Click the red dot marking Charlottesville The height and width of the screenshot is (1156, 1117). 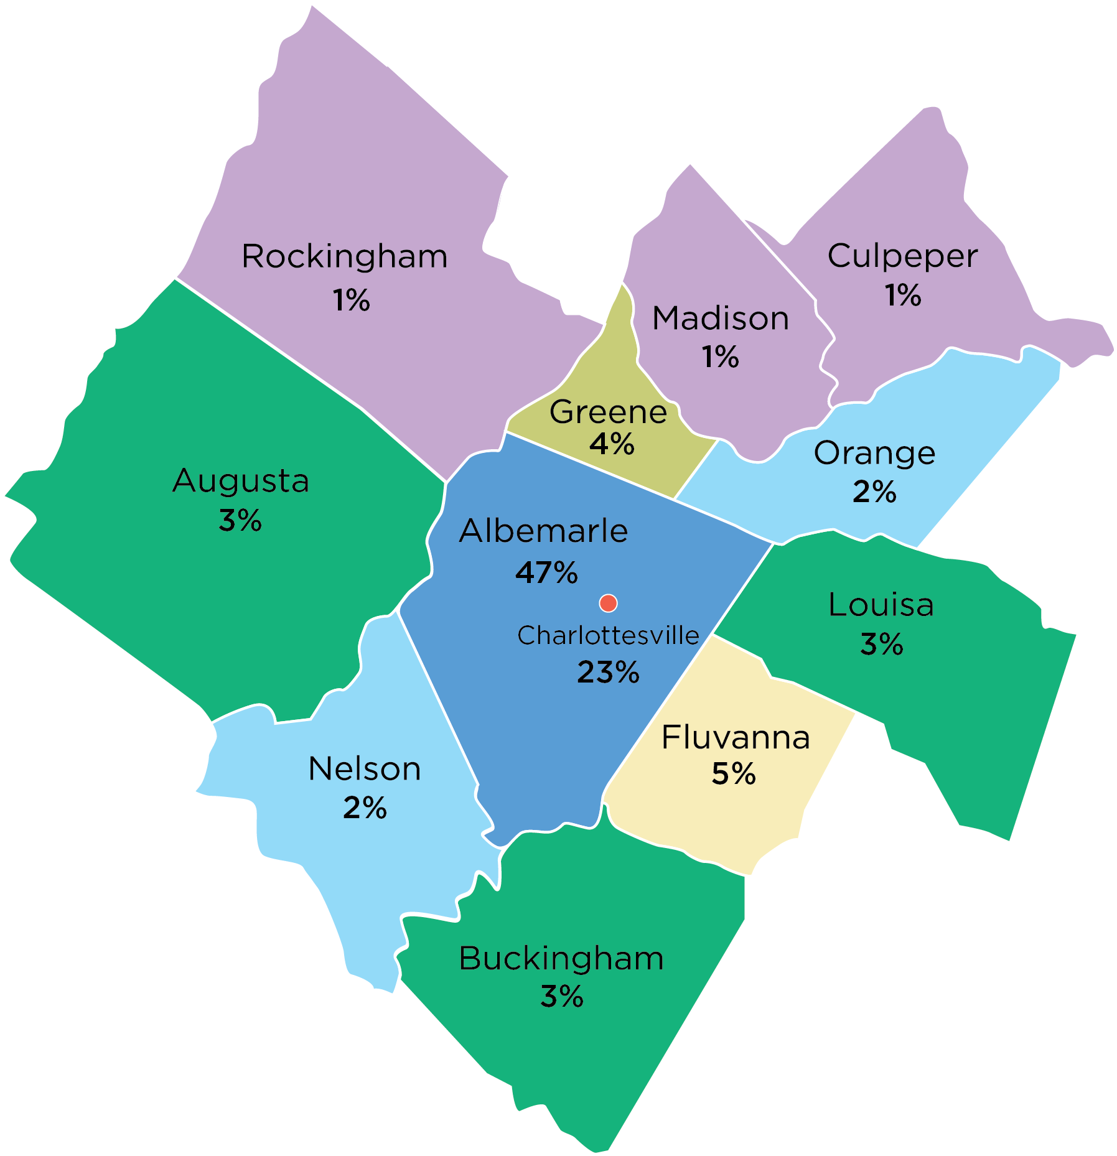608,603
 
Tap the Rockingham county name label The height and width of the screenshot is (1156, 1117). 345,256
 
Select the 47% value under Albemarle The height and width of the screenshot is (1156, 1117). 546,572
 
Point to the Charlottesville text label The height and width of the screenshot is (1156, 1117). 608,636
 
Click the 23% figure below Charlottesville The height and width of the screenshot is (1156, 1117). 608,673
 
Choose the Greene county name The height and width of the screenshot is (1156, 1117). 608,412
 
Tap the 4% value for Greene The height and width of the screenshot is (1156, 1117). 612,444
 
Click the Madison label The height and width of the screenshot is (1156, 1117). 721,319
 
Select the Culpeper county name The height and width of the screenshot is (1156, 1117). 902,256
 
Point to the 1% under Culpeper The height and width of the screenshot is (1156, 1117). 903,295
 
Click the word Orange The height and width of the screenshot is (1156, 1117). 874,454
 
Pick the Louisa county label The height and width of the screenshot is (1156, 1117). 881,605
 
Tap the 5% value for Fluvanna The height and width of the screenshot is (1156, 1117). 734,774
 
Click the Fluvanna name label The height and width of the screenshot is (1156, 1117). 736,738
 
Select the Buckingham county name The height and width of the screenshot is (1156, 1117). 561,959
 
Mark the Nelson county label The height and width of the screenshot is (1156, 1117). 365,769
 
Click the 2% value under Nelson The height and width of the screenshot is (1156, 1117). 365,808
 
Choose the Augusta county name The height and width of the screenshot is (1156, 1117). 241,481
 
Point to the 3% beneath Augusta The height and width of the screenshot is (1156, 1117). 240,520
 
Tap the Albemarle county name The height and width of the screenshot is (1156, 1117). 543,531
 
